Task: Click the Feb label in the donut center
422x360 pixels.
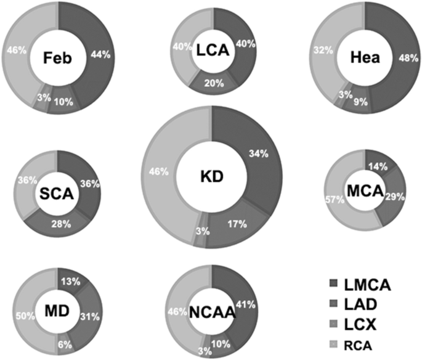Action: [x=59, y=58]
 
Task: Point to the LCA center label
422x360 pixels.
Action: [x=213, y=52]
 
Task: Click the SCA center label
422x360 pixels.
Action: [x=57, y=194]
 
